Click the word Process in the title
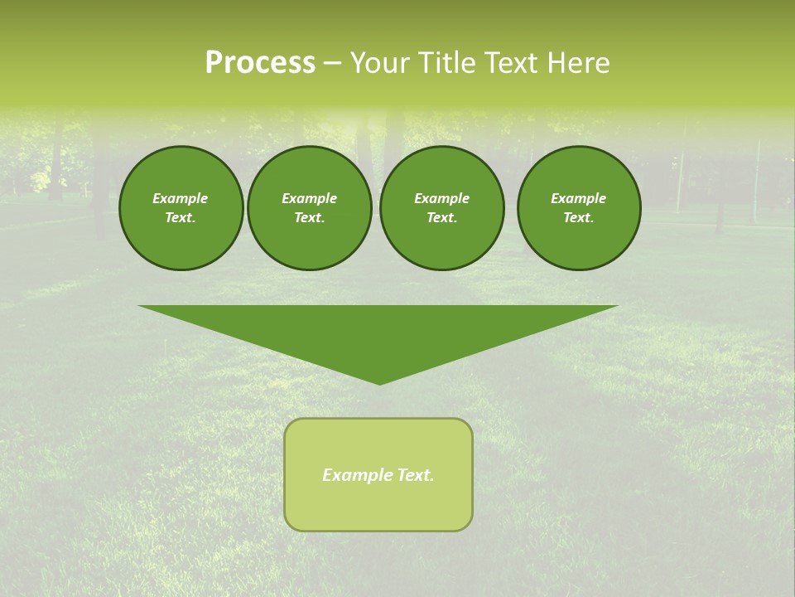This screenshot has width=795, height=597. [x=260, y=63]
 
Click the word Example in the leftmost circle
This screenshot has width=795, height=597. [x=181, y=198]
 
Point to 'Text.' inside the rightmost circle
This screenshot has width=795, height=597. [x=579, y=217]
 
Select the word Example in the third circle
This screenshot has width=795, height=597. [x=441, y=198]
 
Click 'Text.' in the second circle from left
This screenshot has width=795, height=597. [x=310, y=217]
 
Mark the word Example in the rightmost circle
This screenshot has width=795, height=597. [x=579, y=198]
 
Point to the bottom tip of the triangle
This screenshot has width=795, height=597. [x=379, y=383]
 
